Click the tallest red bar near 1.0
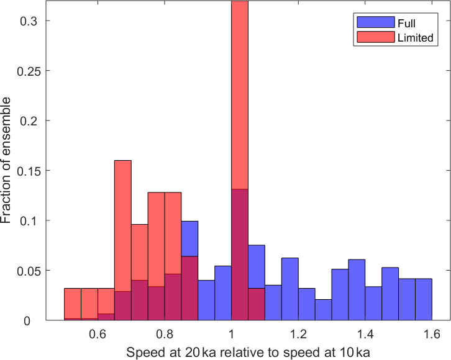pyautogui.click(x=240, y=93)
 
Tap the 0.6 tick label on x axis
pyautogui.click(x=98, y=334)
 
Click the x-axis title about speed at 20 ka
pyautogui.click(x=248, y=353)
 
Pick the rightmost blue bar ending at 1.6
pyautogui.click(x=424, y=300)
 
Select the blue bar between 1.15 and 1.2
pyautogui.click(x=290, y=289)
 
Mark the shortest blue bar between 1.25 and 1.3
pyautogui.click(x=323, y=310)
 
